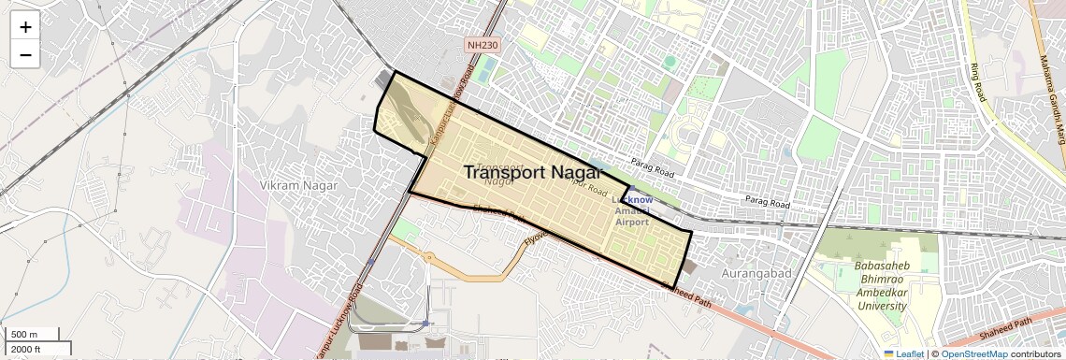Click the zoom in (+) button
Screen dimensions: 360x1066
tap(25, 26)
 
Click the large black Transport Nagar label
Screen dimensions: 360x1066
tap(543, 172)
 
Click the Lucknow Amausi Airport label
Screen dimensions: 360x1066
tap(632, 210)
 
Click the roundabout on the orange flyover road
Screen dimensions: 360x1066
tap(428, 257)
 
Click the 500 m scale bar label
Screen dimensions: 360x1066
tap(24, 335)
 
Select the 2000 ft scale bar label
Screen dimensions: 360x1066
tap(27, 349)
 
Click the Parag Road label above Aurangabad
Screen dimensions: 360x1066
tap(768, 201)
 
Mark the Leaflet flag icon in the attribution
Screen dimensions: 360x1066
tap(888, 354)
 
